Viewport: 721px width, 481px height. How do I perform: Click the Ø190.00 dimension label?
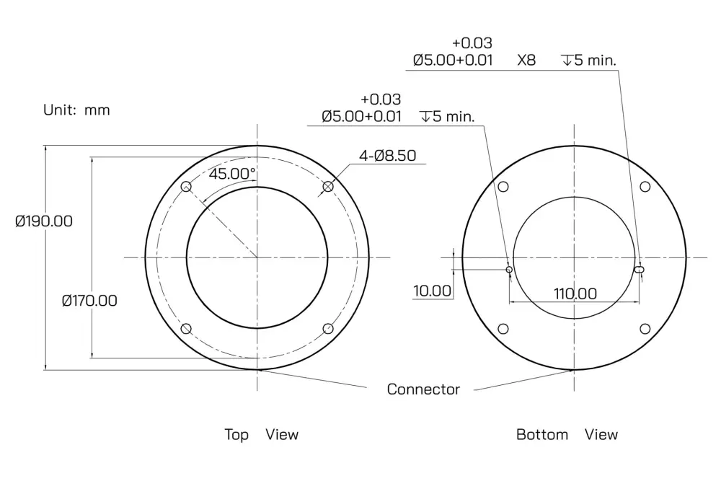pos(44,221)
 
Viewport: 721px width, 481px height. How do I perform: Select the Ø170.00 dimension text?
pos(89,301)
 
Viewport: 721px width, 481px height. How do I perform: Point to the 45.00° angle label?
pos(231,174)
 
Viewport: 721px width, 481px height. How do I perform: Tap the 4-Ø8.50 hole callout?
pos(387,156)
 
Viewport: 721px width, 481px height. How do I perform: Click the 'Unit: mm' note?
pos(76,110)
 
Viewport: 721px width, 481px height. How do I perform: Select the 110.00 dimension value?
pos(575,294)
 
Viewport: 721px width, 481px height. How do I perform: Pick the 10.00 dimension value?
pos(432,291)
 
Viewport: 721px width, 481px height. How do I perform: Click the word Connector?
pos(423,389)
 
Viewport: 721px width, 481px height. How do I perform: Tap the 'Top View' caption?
pos(261,435)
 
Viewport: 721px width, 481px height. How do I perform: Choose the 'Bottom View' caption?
pos(567,435)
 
